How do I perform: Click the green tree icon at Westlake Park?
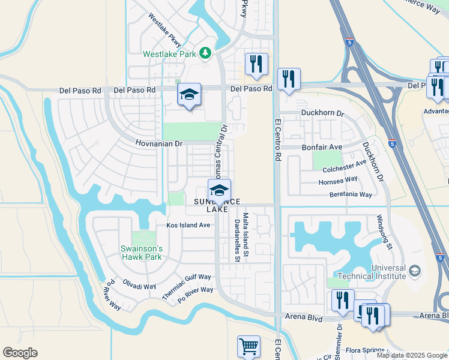pos(205,53)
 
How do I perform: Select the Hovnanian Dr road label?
pos(158,144)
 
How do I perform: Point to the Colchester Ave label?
pos(344,165)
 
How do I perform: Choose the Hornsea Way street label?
pos(338,179)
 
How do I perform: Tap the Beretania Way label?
pos(351,194)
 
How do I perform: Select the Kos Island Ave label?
pos(188,226)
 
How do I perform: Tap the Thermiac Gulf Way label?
pos(187,286)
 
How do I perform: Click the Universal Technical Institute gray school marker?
pos(414,272)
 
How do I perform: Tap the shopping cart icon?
pos(249,347)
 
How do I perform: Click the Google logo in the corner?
pos(20,353)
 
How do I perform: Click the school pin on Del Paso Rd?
pos(189,95)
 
